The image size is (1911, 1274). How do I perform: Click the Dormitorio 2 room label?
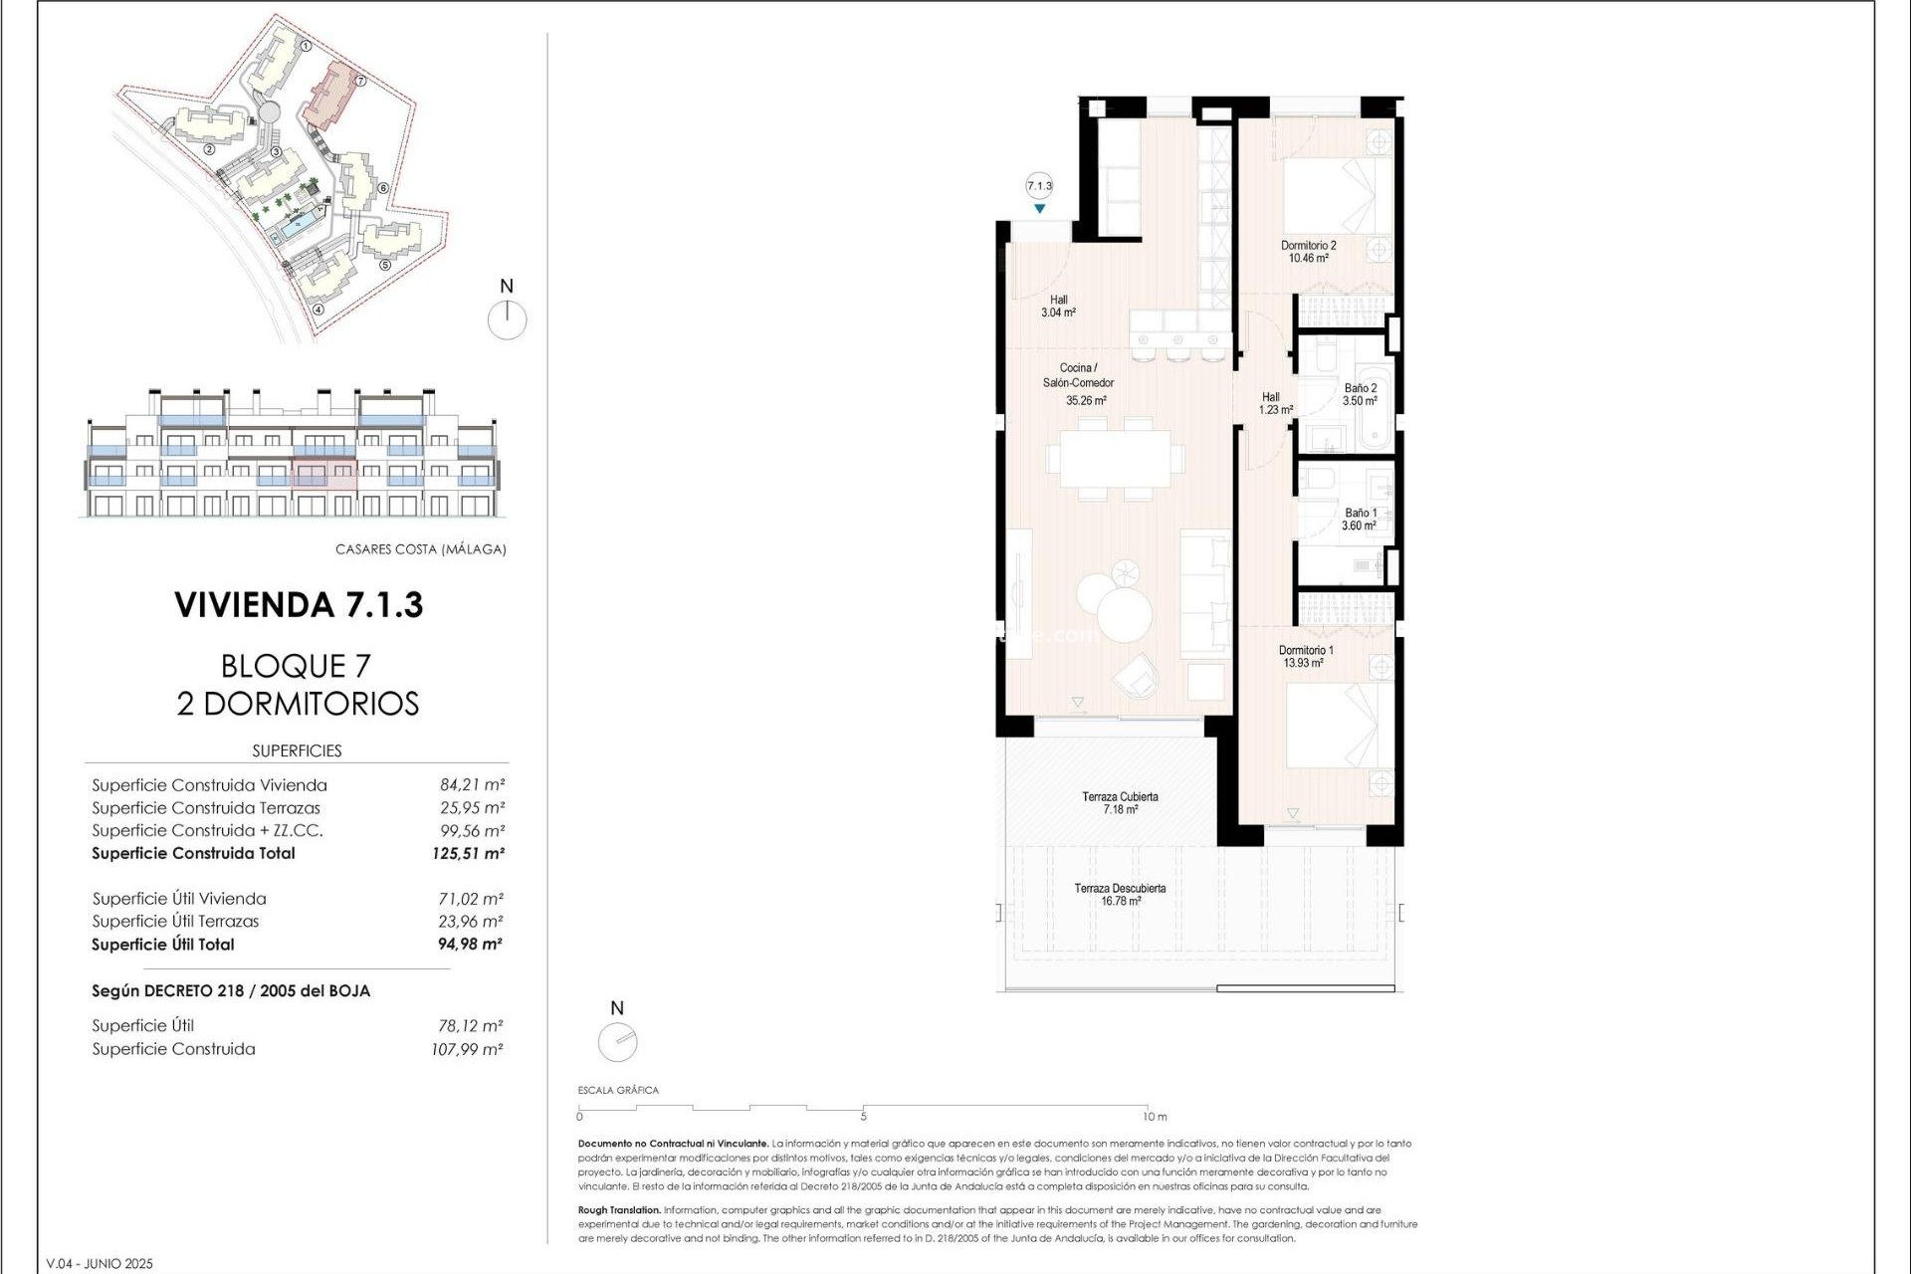[1308, 245]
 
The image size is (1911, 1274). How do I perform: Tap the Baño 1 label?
[1360, 513]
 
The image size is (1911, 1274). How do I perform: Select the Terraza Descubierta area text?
[1120, 889]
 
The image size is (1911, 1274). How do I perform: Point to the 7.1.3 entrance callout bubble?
[1039, 186]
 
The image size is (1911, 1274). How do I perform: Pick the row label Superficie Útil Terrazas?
[175, 922]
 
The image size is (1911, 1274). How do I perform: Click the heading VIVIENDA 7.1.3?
[299, 604]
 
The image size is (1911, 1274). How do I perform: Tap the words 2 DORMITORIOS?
[298, 704]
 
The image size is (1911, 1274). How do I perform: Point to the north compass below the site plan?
[508, 319]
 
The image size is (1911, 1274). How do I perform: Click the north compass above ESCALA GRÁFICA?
[617, 1042]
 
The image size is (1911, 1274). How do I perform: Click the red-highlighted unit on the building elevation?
[323, 475]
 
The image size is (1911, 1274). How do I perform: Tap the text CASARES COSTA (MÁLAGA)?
[420, 549]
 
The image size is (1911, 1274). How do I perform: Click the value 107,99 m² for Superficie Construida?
[467, 1049]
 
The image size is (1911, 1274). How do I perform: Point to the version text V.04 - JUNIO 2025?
[100, 1263]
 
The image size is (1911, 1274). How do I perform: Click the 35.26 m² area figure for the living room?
[1086, 401]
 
